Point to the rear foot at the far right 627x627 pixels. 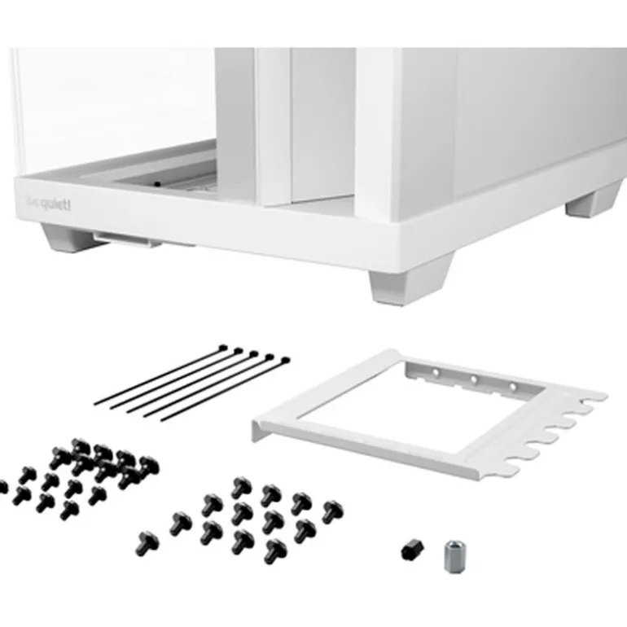click(x=594, y=200)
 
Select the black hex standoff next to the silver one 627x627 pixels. click(x=410, y=550)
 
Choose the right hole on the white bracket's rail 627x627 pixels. click(x=512, y=384)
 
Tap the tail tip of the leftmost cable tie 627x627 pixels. click(x=96, y=401)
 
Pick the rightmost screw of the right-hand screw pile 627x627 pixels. click(x=332, y=511)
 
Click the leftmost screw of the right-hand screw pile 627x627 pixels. click(x=147, y=540)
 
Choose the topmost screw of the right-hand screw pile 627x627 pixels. click(x=242, y=487)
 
